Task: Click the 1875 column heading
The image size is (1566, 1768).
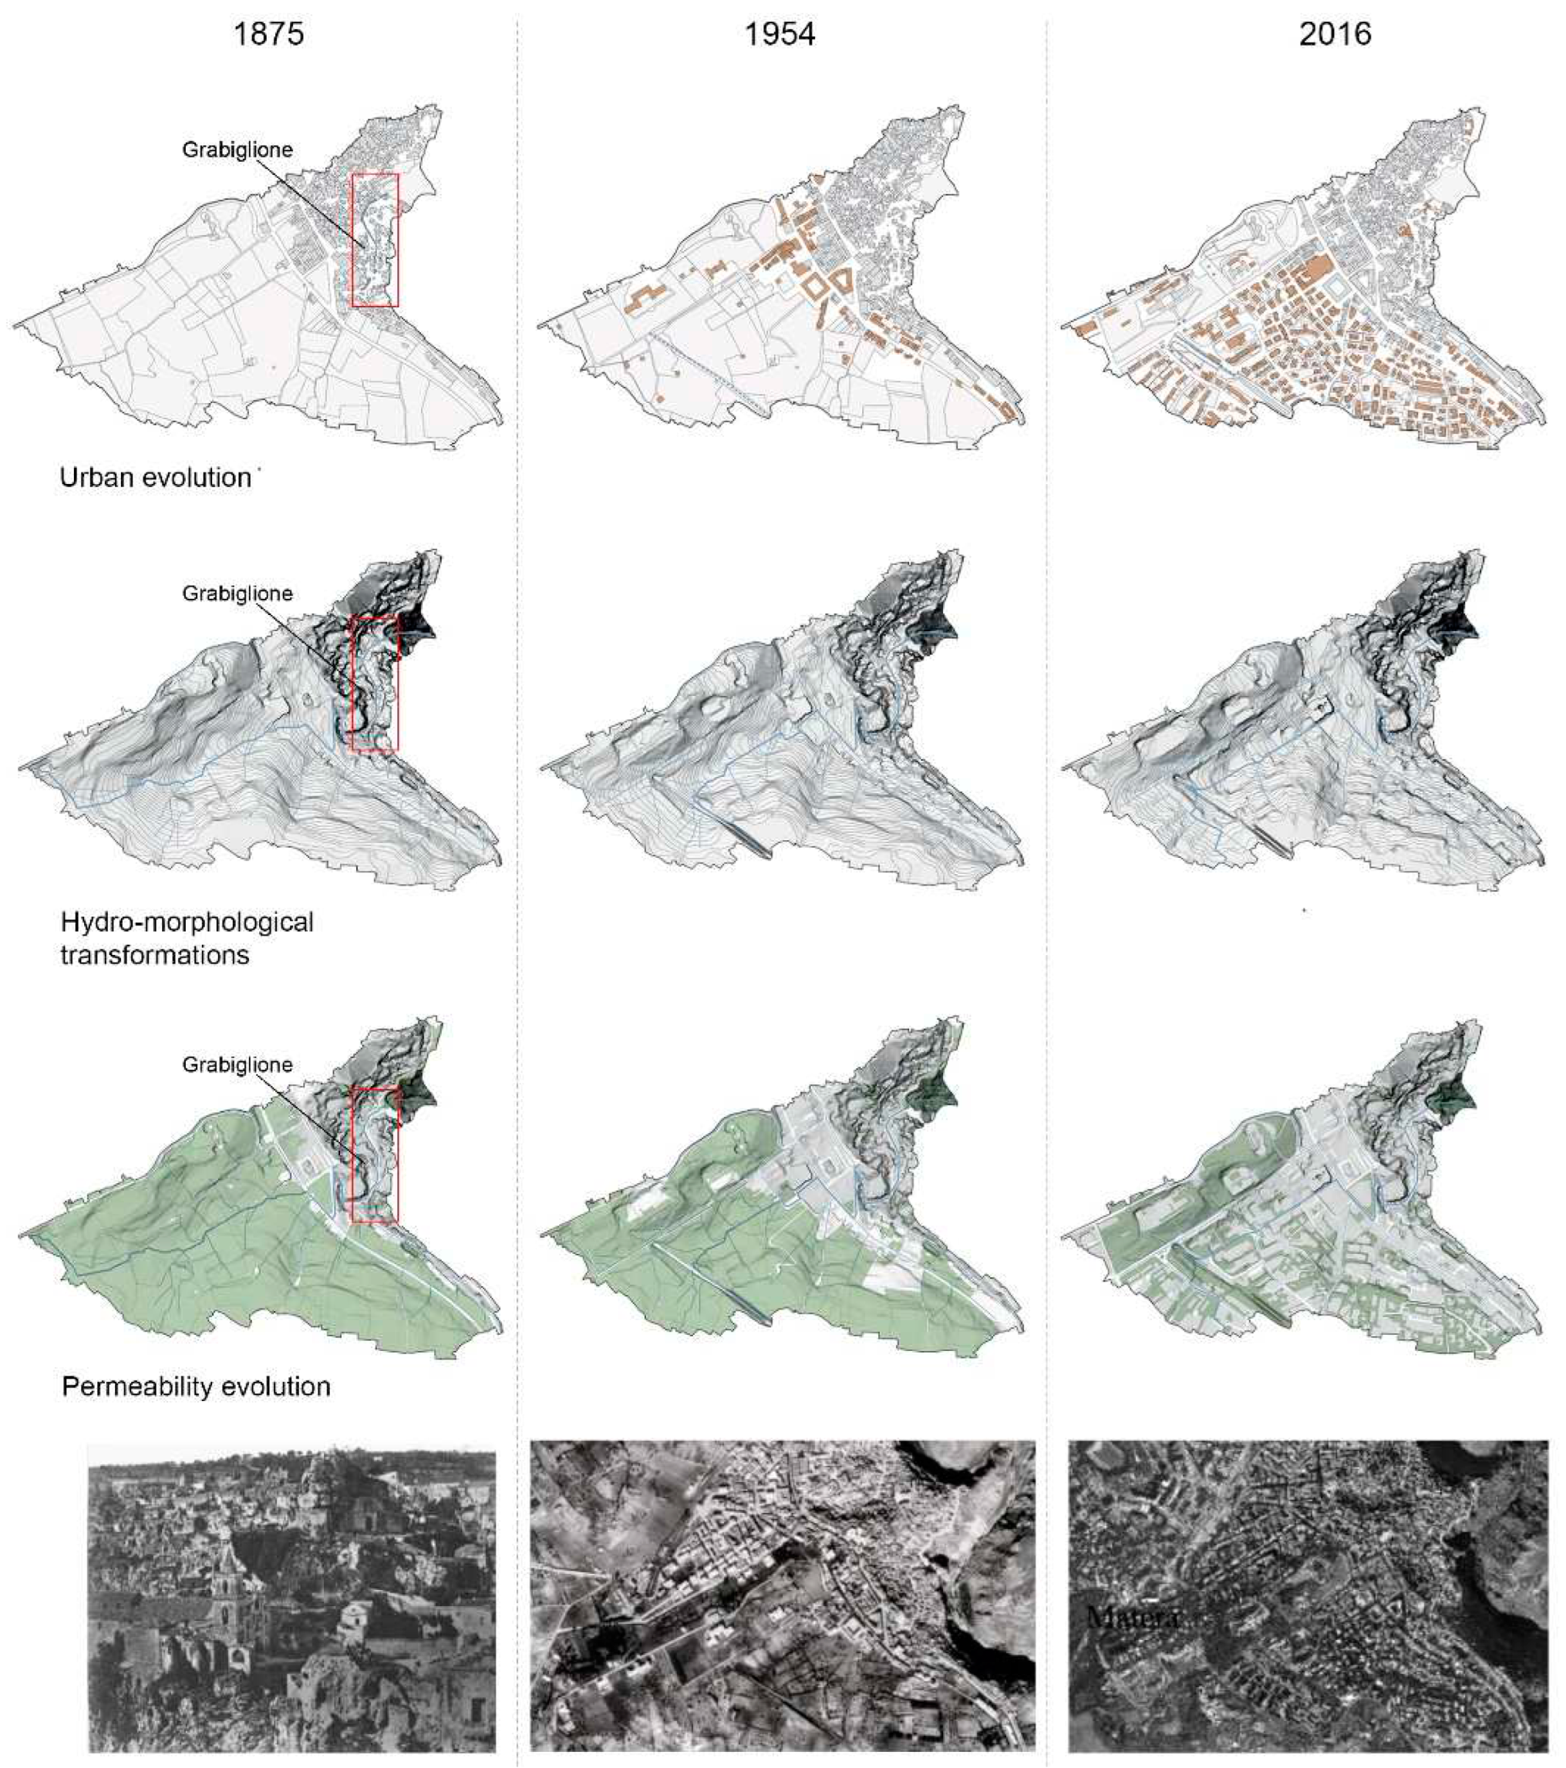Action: (x=268, y=34)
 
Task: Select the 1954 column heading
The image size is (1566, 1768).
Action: (x=780, y=34)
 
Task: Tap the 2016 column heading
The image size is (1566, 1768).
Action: (x=1334, y=34)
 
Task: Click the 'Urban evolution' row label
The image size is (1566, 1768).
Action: (x=155, y=478)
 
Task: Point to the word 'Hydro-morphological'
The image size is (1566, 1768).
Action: (x=187, y=922)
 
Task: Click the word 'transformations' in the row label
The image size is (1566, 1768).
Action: (x=155, y=955)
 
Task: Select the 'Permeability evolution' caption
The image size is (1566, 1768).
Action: (x=197, y=1387)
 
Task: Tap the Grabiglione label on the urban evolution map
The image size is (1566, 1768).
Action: (x=237, y=150)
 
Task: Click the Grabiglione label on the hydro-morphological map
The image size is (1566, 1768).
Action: (x=237, y=593)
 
